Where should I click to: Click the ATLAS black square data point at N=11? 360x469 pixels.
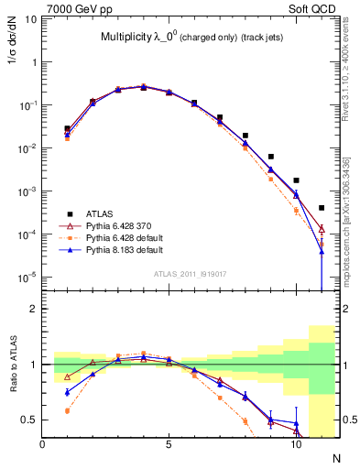pyautogui.click(x=322, y=208)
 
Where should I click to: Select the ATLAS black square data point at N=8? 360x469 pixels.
pyautogui.click(x=245, y=136)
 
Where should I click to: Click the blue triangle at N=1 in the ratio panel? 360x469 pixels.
pyautogui.click(x=68, y=392)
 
